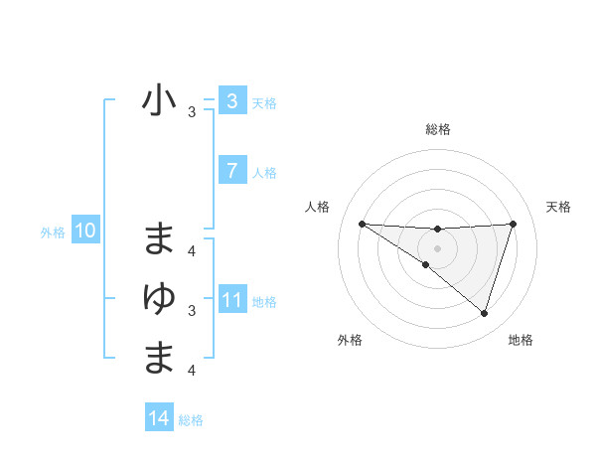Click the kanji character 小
[x=159, y=101]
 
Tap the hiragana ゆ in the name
[x=159, y=297]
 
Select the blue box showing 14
[x=159, y=418]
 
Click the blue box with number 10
[x=84, y=232]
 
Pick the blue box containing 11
[x=231, y=301]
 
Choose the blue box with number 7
[x=231, y=171]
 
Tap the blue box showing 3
[x=231, y=100]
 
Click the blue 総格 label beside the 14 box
[x=191, y=420]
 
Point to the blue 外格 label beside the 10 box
[x=53, y=233]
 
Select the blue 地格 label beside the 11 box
[x=264, y=302]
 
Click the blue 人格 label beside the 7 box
[x=264, y=173]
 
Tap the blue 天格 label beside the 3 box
[x=264, y=102]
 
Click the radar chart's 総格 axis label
[x=437, y=129]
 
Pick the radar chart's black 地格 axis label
[x=521, y=340]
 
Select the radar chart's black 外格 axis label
[x=350, y=340]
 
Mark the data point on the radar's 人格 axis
[x=362, y=224]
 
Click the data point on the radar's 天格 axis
[x=514, y=224]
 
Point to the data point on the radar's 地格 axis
[x=484, y=313]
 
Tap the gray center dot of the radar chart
[x=437, y=248]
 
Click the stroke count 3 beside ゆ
[x=192, y=311]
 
